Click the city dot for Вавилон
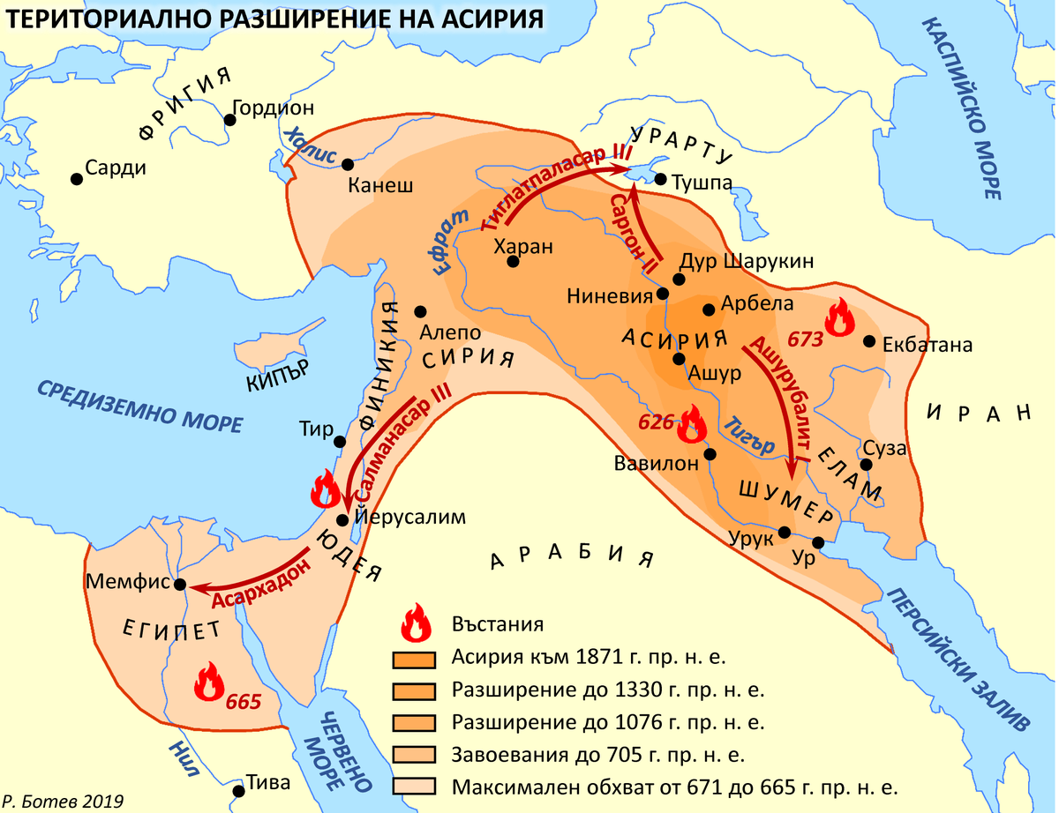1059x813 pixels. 710,455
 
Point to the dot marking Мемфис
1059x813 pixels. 180,585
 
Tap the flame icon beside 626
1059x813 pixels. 691,426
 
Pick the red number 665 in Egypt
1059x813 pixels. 243,703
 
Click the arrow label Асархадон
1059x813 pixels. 263,585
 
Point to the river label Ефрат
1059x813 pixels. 449,241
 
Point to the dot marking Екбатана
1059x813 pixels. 870,341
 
